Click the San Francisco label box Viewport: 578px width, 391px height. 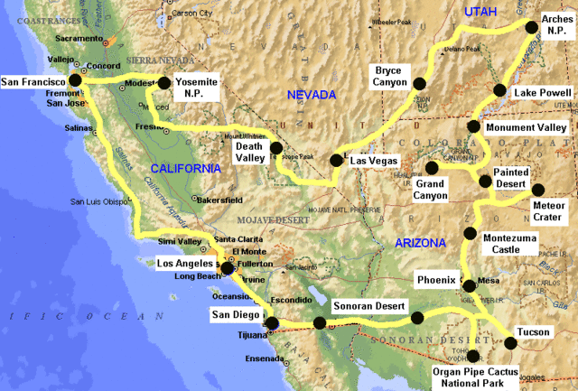click(x=33, y=80)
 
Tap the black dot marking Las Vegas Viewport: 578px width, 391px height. click(x=336, y=161)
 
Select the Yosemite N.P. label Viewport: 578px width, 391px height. click(x=196, y=87)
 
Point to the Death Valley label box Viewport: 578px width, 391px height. click(x=249, y=151)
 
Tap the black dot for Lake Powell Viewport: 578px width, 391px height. click(x=499, y=89)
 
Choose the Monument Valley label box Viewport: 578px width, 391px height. click(x=526, y=127)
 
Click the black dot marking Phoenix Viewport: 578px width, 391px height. click(x=469, y=287)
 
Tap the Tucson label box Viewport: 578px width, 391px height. click(x=533, y=331)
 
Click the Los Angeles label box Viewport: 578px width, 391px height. click(x=185, y=263)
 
